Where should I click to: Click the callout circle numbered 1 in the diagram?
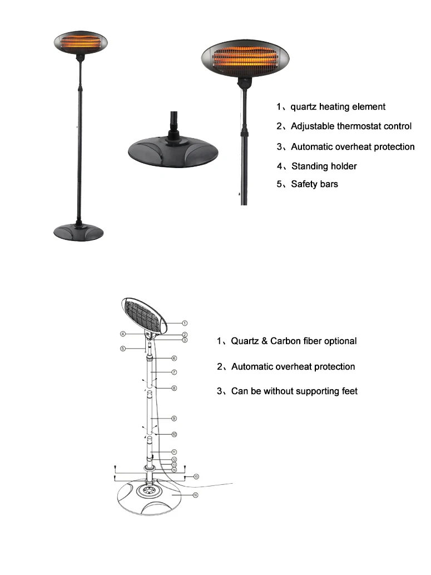pyautogui.click(x=185, y=322)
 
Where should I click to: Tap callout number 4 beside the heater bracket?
pyautogui.click(x=122, y=334)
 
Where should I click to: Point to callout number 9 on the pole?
pyautogui.click(x=174, y=417)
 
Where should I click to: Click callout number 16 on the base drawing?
pyautogui.click(x=195, y=495)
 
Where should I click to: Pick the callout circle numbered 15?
pyautogui.click(x=195, y=477)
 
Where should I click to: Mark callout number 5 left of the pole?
pyautogui.click(x=122, y=349)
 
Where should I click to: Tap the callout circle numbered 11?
pyautogui.click(x=174, y=451)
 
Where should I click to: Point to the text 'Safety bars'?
pyautogui.click(x=314, y=184)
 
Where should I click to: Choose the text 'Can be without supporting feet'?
pyautogui.click(x=294, y=391)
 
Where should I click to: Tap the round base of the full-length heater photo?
pyautogui.click(x=80, y=230)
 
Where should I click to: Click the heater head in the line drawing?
pyautogui.click(x=144, y=315)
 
